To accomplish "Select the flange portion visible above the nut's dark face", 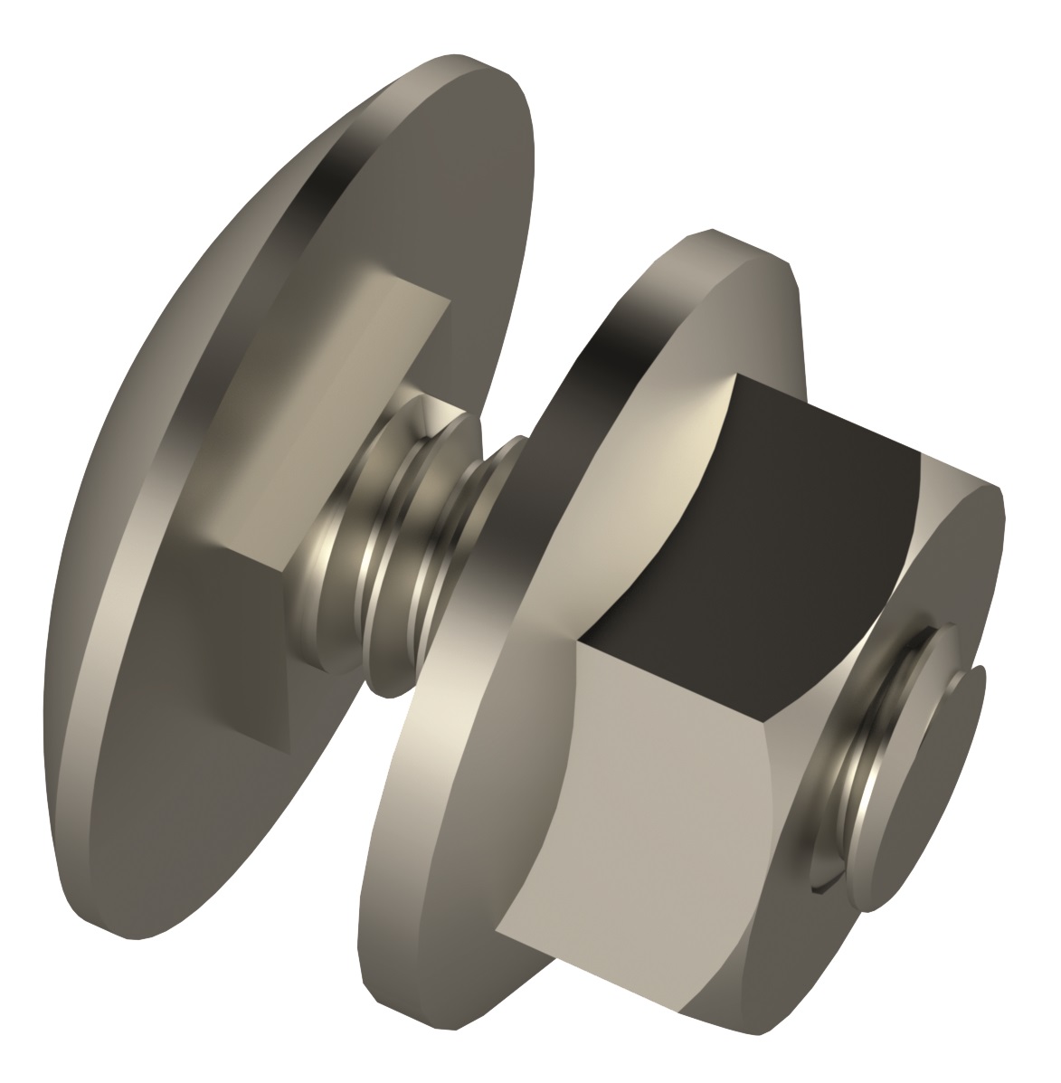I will pos(724,299).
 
